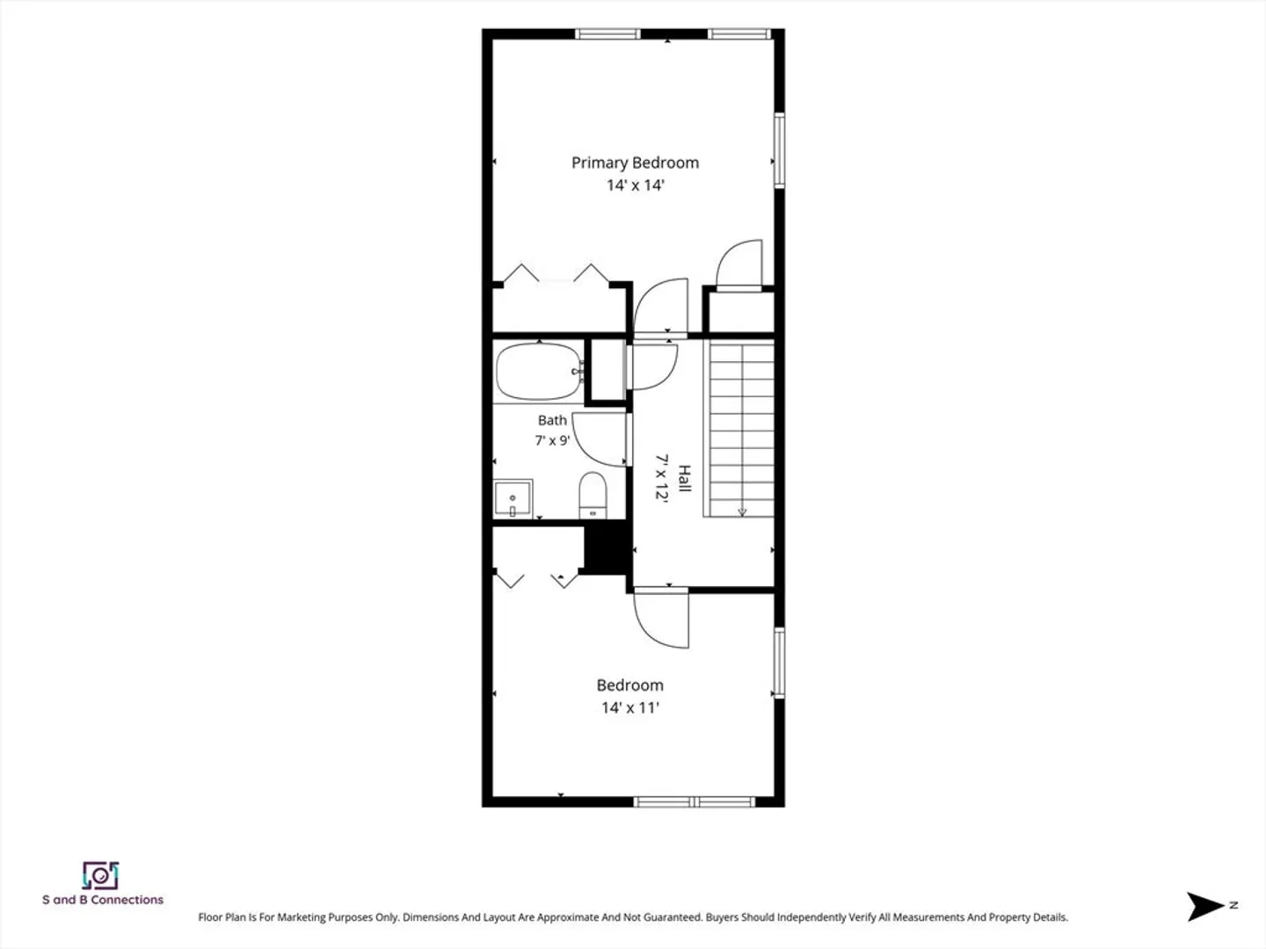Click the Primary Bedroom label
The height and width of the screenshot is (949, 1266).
635,163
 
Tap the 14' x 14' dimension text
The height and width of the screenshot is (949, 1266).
635,185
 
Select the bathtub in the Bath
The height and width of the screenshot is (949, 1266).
539,372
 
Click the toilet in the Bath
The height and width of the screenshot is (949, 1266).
593,496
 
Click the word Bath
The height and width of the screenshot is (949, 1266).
552,421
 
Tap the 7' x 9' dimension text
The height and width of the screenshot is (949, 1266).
552,441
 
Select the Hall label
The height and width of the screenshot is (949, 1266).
684,478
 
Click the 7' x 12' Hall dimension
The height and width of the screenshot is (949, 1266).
661,478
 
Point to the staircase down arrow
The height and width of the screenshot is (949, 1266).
742,511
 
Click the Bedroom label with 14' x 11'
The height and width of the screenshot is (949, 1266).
629,685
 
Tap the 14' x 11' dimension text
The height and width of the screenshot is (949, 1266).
629,707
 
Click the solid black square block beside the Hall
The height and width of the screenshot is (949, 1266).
606,547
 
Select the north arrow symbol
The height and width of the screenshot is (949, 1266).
1205,906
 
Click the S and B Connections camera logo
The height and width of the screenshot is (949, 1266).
100,876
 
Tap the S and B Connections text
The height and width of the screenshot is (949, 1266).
103,900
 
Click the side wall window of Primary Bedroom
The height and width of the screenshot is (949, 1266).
779,150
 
